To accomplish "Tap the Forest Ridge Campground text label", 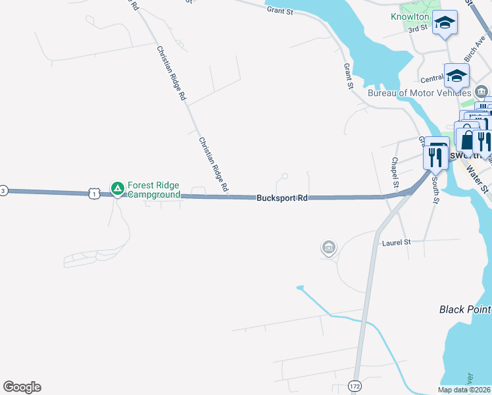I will (x=153, y=190).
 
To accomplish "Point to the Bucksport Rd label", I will (x=282, y=197).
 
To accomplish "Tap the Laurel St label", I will (x=397, y=242).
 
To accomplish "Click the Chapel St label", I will (x=395, y=172).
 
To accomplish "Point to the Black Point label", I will (x=465, y=309).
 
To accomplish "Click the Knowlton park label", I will (x=410, y=16).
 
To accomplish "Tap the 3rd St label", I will (x=418, y=29).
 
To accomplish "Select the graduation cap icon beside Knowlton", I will (x=445, y=24).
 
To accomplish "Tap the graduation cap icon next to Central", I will (x=456, y=77).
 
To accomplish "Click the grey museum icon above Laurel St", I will (x=328, y=248).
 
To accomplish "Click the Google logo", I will (x=22, y=387).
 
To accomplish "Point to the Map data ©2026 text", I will (x=464, y=390).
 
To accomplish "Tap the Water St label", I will (x=478, y=180).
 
